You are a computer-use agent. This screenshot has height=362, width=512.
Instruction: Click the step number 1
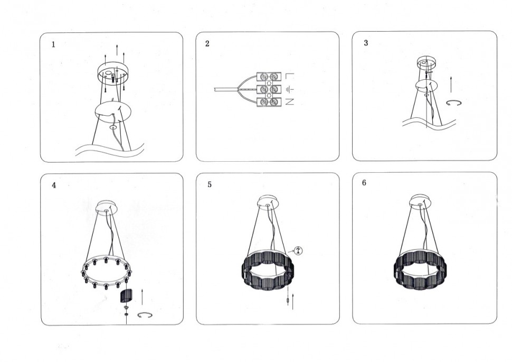[x=53, y=44]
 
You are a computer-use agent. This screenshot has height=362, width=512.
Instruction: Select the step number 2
[x=207, y=44]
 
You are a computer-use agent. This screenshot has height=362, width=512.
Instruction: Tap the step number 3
[x=366, y=43]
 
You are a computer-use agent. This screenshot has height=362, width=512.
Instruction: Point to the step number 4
[x=54, y=185]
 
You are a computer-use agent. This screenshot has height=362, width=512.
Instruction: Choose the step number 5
[x=210, y=184]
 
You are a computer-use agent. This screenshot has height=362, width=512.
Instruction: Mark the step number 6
[x=364, y=183]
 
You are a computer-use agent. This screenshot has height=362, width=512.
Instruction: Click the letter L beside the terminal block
[x=290, y=76]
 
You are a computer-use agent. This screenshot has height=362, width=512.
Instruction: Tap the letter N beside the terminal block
[x=290, y=101]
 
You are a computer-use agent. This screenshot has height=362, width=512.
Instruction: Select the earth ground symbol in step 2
[x=290, y=89]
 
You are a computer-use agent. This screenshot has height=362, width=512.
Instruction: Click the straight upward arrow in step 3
[x=451, y=85]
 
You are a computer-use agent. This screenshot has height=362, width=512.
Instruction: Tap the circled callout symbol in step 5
[x=298, y=251]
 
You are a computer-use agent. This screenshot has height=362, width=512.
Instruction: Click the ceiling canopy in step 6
[x=421, y=200]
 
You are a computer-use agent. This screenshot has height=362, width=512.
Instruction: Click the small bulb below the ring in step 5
[x=288, y=300]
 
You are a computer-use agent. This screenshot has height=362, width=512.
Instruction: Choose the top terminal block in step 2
[x=269, y=77]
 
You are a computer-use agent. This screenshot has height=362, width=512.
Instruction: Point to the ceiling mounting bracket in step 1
[x=113, y=72]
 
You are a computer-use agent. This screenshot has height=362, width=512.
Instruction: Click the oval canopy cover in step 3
[x=426, y=86]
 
